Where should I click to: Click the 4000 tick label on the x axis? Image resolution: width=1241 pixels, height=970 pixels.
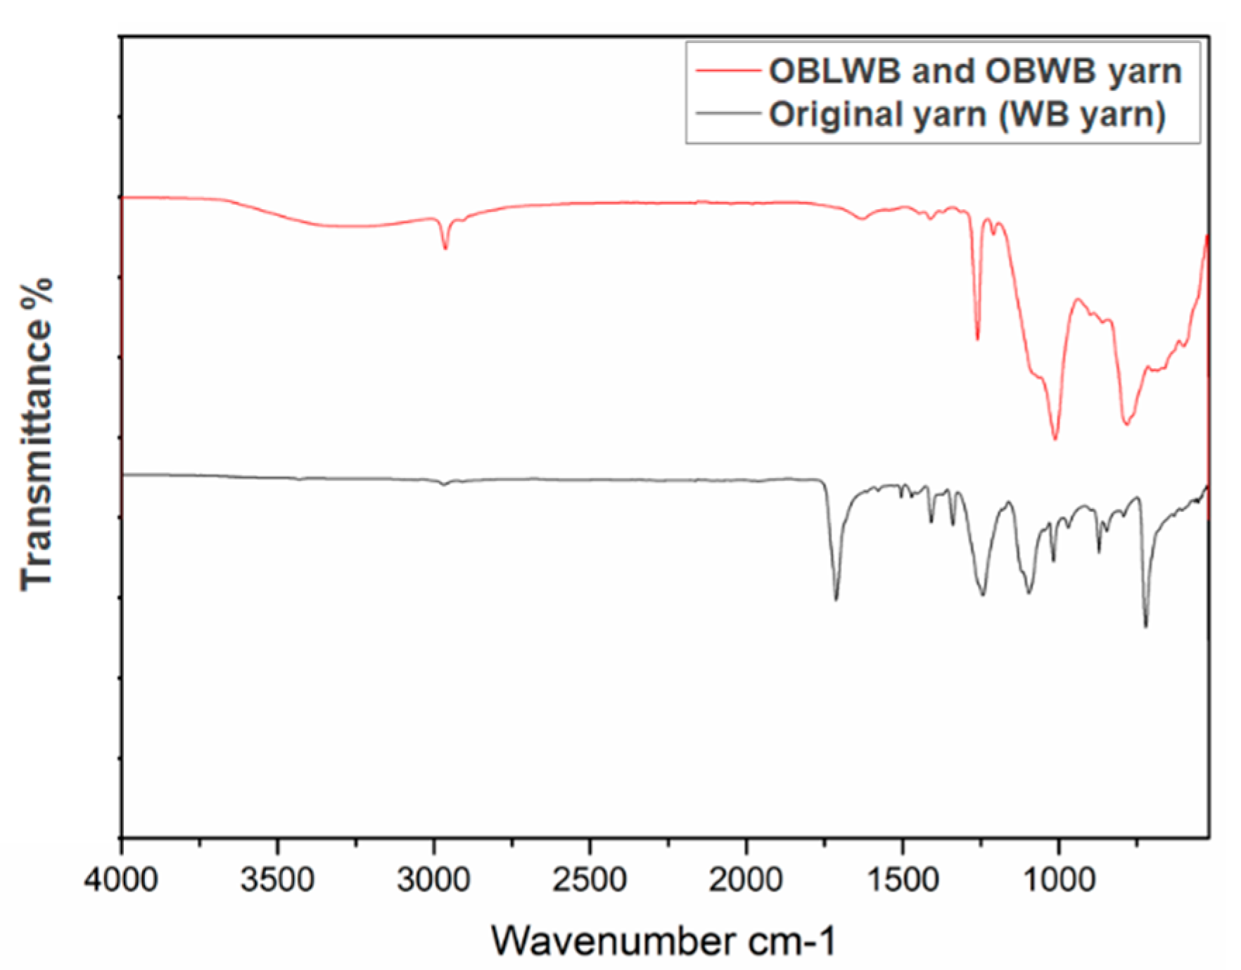[x=121, y=880]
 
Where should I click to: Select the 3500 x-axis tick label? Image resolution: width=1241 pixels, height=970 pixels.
[x=277, y=880]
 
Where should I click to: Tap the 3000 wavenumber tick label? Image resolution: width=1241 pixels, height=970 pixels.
[x=433, y=880]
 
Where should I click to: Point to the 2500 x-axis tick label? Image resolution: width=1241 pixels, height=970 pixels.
[x=590, y=880]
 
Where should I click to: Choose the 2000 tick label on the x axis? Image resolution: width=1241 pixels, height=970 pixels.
[x=746, y=880]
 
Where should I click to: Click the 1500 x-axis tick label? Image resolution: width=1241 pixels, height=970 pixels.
[x=902, y=880]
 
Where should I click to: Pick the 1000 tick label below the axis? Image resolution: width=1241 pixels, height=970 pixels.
[x=1058, y=880]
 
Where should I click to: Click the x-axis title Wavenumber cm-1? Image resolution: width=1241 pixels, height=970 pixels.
[x=664, y=940]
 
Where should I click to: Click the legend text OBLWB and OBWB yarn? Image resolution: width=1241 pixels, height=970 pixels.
[x=975, y=71]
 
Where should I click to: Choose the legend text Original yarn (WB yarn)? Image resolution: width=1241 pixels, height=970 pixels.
[x=967, y=114]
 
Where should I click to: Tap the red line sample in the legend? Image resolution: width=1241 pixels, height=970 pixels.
[x=727, y=71]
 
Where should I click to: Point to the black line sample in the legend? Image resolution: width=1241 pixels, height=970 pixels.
[x=727, y=113]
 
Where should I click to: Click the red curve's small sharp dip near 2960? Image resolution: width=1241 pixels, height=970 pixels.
[x=445, y=248]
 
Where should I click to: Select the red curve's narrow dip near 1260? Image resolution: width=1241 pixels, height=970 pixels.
[x=977, y=339]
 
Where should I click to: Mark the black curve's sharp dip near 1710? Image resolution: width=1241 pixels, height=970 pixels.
[x=836, y=599]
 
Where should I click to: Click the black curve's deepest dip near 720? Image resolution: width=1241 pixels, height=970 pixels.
[x=1145, y=626]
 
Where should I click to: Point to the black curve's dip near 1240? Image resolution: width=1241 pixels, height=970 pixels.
[x=983, y=595]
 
